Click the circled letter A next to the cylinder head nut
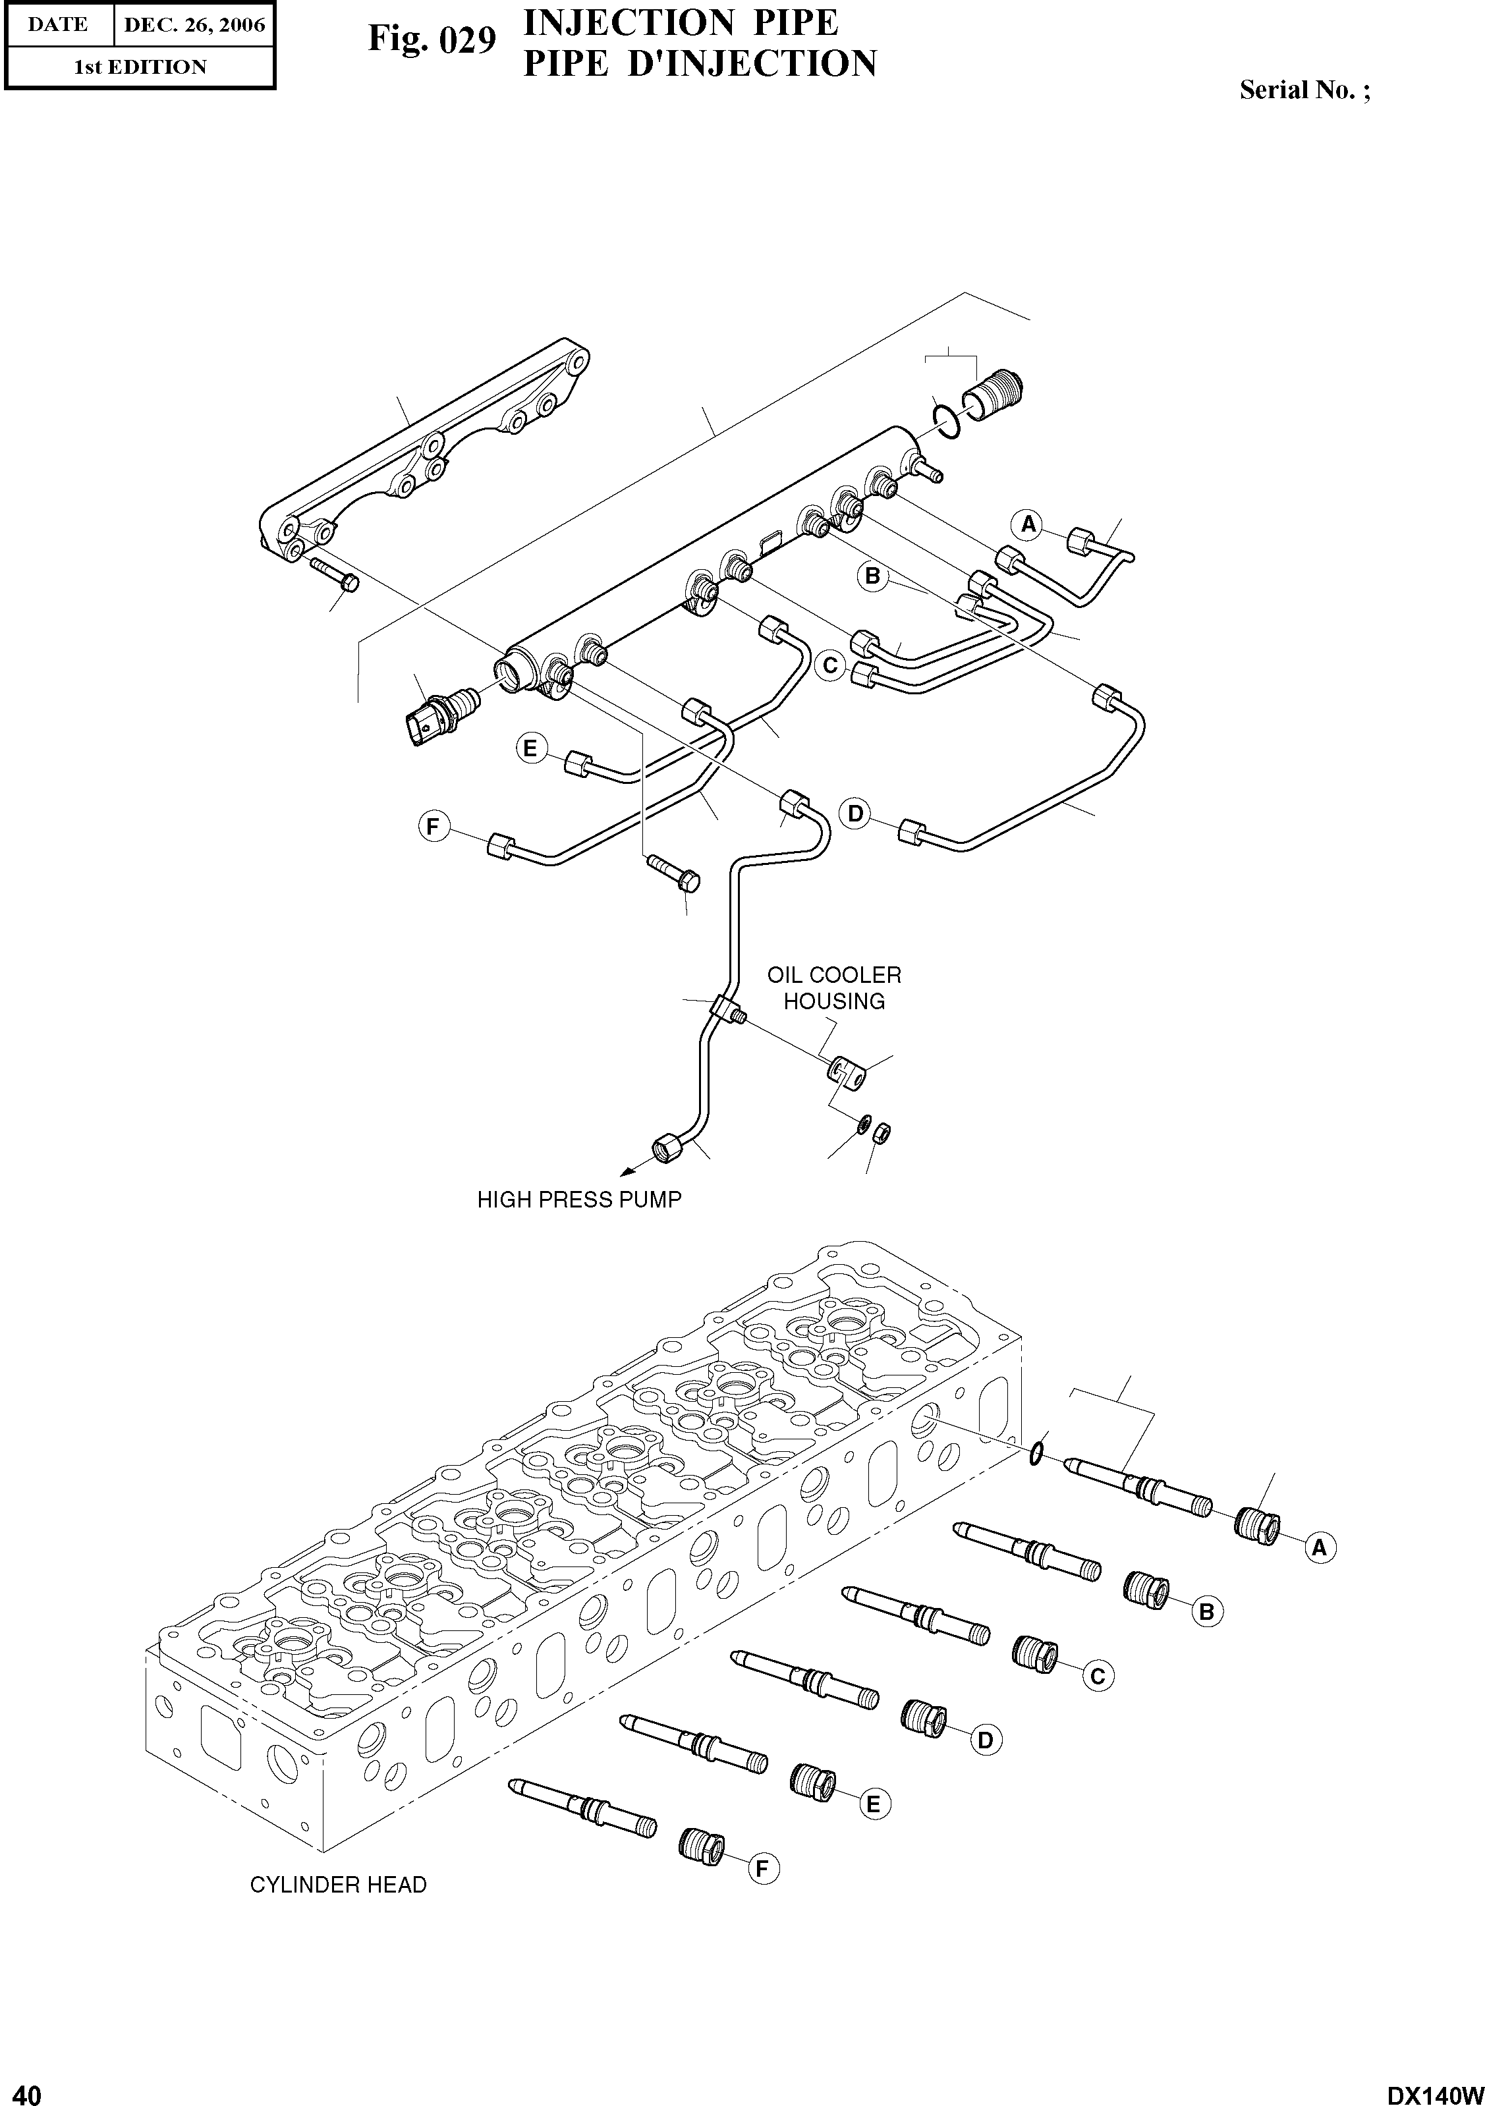click(1319, 1547)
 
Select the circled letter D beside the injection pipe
click(855, 814)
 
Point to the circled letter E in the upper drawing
click(529, 748)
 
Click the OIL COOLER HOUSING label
click(834, 988)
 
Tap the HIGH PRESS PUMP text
click(578, 1200)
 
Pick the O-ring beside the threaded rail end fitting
click(945, 418)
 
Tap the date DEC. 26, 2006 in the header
click(194, 25)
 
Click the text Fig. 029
click(432, 40)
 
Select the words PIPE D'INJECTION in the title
click(699, 64)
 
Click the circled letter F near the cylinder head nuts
click(762, 1868)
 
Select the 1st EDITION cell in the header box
click(140, 67)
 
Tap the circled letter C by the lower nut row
click(1096, 1676)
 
